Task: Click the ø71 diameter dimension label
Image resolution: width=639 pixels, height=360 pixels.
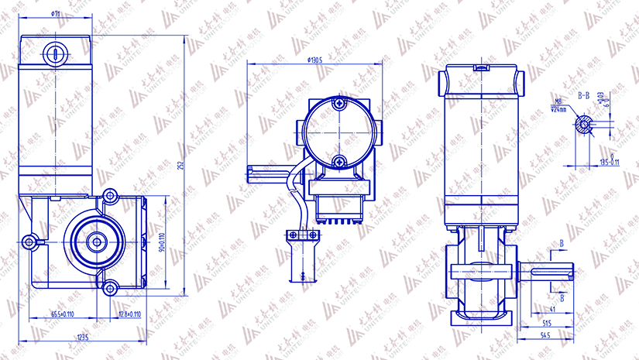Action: (x=57, y=14)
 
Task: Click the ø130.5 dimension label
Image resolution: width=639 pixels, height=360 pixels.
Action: (x=314, y=60)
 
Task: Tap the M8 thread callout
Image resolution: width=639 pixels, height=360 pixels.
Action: (x=558, y=101)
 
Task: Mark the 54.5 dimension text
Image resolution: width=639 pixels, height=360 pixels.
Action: (x=546, y=335)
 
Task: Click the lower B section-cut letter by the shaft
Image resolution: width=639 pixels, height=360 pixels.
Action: (x=562, y=297)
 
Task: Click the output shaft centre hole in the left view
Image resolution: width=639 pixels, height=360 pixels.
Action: (x=98, y=242)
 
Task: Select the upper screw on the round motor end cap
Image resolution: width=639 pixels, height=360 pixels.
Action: (x=338, y=105)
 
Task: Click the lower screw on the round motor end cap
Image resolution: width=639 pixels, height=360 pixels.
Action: (x=338, y=160)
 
